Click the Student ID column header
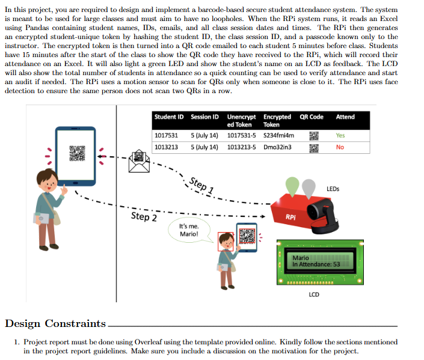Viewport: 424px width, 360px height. pyautogui.click(x=168, y=117)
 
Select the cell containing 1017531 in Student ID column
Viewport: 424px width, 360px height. pyautogui.click(x=166, y=135)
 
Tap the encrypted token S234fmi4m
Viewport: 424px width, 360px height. pyautogui.click(x=278, y=135)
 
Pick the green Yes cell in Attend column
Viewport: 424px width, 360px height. pyautogui.click(x=340, y=135)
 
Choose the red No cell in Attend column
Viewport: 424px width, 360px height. pyautogui.click(x=340, y=147)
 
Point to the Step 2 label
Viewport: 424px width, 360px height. pyautogui.click(x=144, y=216)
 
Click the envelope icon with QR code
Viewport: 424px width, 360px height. pyautogui.click(x=140, y=162)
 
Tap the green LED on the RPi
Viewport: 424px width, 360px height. pyautogui.click(x=292, y=184)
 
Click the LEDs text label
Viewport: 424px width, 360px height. pyautogui.click(x=333, y=189)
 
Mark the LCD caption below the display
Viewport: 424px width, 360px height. pyautogui.click(x=313, y=294)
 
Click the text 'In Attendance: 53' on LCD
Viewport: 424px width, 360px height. pyautogui.click(x=316, y=264)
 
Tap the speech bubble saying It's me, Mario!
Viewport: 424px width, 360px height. pyautogui.click(x=188, y=230)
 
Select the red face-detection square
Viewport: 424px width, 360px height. pyautogui.click(x=225, y=241)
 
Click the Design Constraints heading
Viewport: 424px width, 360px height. pyautogui.click(x=55, y=323)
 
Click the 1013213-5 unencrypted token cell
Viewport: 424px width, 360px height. pyautogui.click(x=242, y=147)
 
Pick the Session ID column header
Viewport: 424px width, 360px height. pyautogui.click(x=204, y=117)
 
